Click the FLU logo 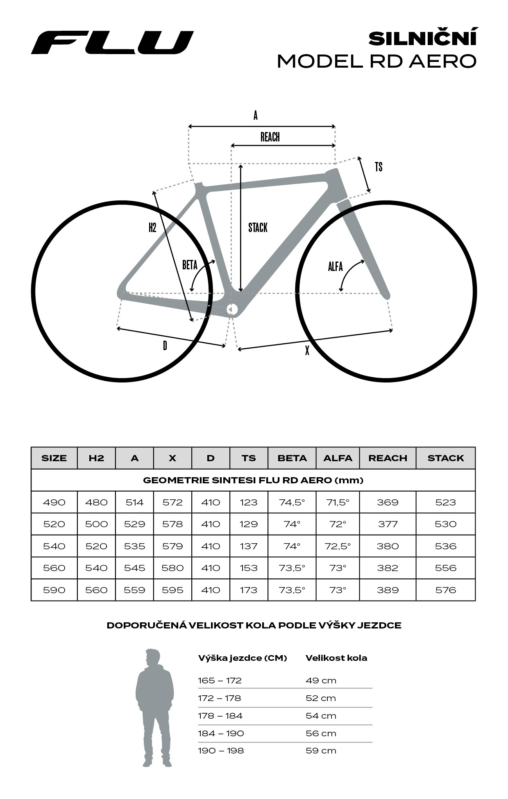tap(112, 42)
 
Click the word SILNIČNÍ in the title tap(423, 38)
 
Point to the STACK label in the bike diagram tap(258, 228)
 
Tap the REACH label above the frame tap(270, 137)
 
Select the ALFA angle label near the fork tap(335, 267)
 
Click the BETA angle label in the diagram tap(190, 265)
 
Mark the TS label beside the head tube tap(379, 167)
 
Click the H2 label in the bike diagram tap(152, 228)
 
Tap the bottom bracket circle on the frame tap(232, 309)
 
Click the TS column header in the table tap(249, 458)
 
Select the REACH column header tap(388, 458)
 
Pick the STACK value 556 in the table tap(445, 568)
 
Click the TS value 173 tap(249, 590)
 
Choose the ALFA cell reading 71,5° tap(338, 502)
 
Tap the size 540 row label tap(54, 546)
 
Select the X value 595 tap(172, 590)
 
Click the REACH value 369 tap(388, 502)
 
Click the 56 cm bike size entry tap(321, 733)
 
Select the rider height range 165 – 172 tap(220, 681)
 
